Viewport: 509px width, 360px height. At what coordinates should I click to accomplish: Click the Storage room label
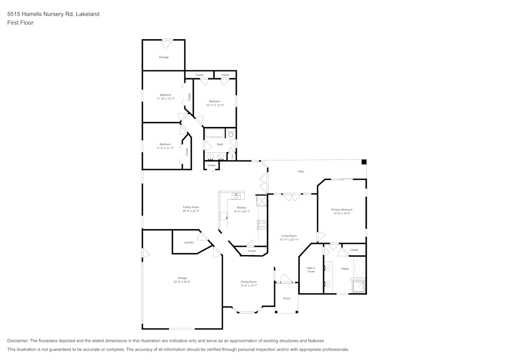pyautogui.click(x=163, y=57)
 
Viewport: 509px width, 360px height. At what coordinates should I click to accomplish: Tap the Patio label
pyautogui.click(x=301, y=172)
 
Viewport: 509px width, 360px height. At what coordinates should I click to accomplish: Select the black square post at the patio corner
pyautogui.click(x=364, y=162)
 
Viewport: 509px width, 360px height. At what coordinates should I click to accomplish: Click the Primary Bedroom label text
pyautogui.click(x=342, y=210)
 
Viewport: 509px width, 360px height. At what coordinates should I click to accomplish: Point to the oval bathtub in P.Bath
pyautogui.click(x=360, y=267)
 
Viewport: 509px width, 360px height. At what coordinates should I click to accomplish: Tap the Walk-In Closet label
pyautogui.click(x=310, y=270)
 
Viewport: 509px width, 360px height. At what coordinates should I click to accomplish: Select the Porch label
pyautogui.click(x=287, y=298)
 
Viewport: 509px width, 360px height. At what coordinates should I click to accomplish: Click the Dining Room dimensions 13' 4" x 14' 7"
pyautogui.click(x=249, y=286)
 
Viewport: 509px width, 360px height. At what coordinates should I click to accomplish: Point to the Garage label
pyautogui.click(x=182, y=278)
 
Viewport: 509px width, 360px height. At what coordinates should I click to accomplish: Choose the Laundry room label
pyautogui.click(x=189, y=242)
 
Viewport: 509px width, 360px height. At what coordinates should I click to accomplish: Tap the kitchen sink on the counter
pyautogui.click(x=236, y=196)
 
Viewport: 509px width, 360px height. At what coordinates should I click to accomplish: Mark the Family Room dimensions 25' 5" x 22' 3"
pyautogui.click(x=191, y=211)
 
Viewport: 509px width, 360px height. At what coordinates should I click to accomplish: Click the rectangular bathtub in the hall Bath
pyautogui.click(x=214, y=134)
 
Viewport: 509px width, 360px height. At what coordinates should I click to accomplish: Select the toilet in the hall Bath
pyautogui.click(x=231, y=134)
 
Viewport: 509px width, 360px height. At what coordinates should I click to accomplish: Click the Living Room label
pyautogui.click(x=289, y=236)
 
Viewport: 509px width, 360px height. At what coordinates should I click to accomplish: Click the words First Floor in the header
pyautogui.click(x=20, y=23)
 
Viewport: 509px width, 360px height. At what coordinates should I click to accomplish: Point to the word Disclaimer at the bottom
pyautogui.click(x=18, y=341)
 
